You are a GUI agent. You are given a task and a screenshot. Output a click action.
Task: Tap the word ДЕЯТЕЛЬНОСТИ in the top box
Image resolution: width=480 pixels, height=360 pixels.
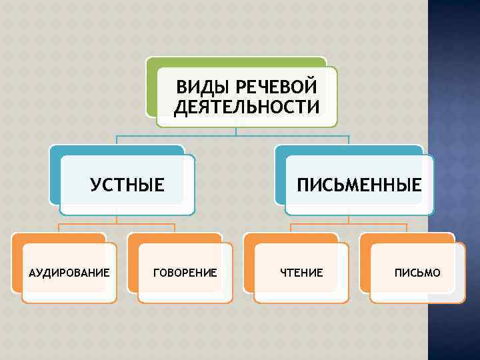click(x=247, y=107)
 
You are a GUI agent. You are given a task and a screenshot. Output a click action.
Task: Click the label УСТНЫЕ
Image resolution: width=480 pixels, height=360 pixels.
click(x=127, y=185)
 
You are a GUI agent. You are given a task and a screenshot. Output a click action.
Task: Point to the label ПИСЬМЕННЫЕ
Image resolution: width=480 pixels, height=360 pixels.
click(x=359, y=185)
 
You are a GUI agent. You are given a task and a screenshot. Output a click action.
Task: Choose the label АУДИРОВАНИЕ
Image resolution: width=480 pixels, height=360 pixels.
click(x=69, y=272)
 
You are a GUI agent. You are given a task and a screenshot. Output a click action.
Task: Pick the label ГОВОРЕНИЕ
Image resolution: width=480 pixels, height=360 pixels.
click(x=185, y=272)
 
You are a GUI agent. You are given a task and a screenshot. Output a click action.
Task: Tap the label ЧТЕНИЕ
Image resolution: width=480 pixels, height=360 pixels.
click(x=301, y=272)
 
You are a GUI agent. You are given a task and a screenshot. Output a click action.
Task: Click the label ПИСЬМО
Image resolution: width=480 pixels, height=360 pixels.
click(x=417, y=272)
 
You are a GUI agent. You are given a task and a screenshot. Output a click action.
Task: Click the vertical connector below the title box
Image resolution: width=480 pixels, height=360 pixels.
click(x=236, y=131)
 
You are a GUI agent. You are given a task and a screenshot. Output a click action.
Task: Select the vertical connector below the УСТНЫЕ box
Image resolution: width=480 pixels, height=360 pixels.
click(x=117, y=220)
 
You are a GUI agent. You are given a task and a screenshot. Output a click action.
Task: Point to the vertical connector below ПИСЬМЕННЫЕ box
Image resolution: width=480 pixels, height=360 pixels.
click(x=349, y=220)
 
